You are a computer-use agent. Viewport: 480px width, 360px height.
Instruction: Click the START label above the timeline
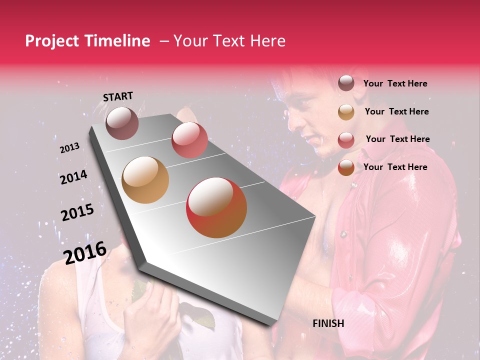tap(118, 96)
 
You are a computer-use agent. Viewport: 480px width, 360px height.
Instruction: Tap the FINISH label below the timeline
tap(328, 323)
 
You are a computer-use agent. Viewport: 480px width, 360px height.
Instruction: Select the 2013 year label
tap(69, 148)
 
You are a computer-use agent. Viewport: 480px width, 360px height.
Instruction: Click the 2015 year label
tap(77, 212)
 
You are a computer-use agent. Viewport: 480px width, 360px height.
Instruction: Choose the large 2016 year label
tap(85, 252)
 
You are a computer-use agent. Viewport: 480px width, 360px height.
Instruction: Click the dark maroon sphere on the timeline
tap(122, 123)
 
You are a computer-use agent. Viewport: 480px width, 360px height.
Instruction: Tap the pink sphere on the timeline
tap(189, 140)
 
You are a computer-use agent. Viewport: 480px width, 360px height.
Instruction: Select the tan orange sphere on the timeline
tap(145, 180)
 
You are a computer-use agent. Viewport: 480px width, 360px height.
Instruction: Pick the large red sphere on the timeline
tap(216, 208)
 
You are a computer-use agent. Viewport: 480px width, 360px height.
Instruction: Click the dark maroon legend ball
tap(346, 83)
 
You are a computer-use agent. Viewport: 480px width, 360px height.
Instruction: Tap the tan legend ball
tap(346, 111)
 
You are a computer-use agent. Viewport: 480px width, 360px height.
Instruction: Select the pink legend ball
tap(346, 139)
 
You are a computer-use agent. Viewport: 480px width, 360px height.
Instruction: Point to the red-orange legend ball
tap(346, 167)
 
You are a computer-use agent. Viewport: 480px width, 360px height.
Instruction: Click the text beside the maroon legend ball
tap(395, 83)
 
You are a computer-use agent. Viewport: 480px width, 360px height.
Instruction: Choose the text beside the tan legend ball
tap(396, 111)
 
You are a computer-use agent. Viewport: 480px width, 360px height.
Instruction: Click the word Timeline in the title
tap(119, 41)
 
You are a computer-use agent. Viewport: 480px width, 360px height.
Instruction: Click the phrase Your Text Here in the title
tap(229, 41)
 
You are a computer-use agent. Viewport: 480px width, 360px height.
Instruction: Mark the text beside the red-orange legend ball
tap(395, 167)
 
